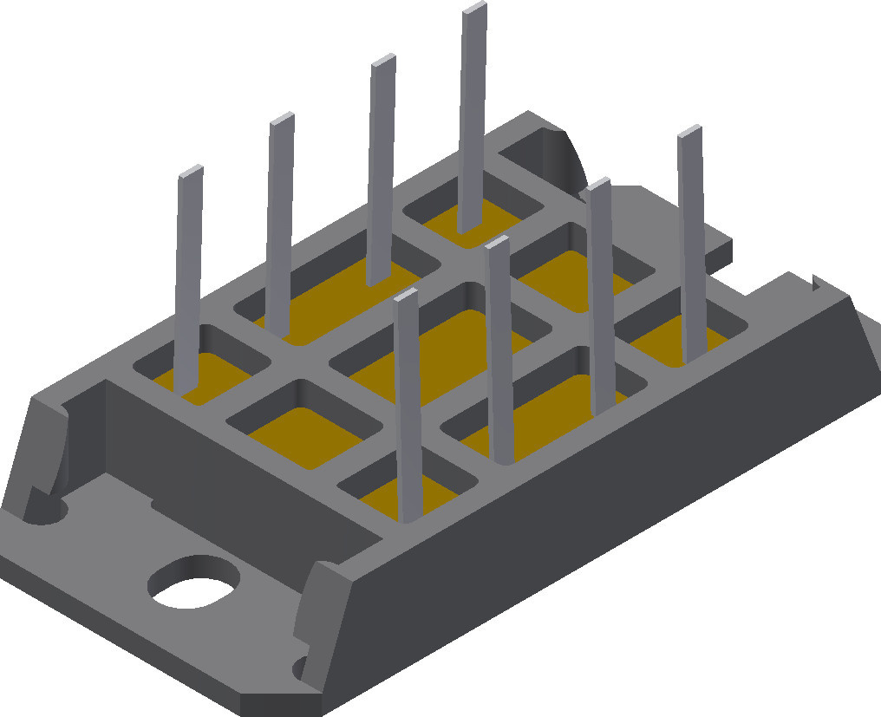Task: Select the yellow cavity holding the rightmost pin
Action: tap(685, 342)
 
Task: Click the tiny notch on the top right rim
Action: tap(815, 281)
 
